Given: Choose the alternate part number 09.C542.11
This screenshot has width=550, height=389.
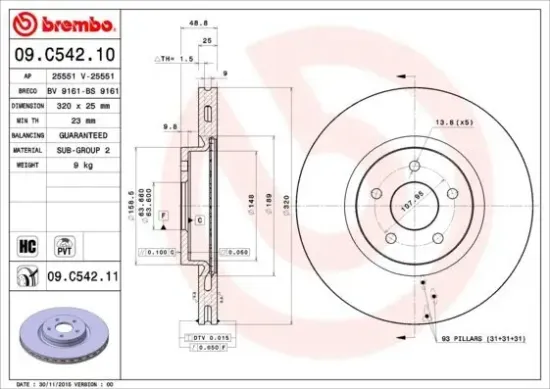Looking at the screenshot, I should click(83, 272).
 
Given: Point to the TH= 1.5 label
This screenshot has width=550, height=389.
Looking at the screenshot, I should click(175, 59).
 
